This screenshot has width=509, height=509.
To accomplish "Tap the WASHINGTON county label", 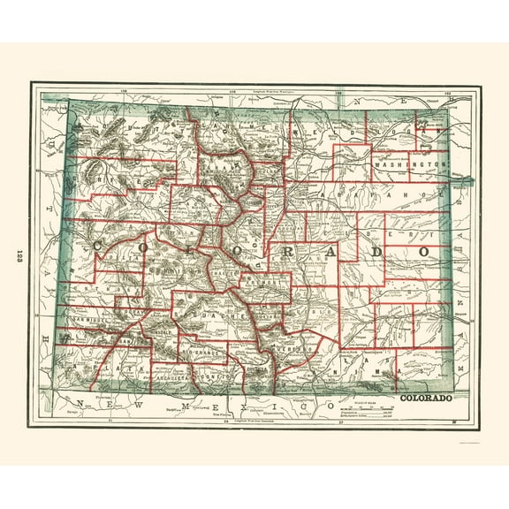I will coord(407,165).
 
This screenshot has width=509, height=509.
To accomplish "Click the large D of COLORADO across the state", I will coord(376,252).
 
